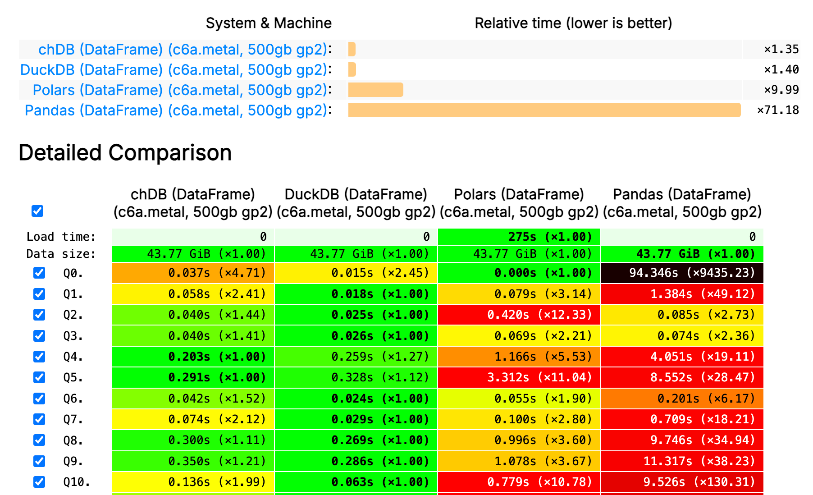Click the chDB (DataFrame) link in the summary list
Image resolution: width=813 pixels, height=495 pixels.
click(183, 50)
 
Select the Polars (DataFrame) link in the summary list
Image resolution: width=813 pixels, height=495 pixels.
click(180, 90)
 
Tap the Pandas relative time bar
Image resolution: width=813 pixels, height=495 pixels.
click(544, 110)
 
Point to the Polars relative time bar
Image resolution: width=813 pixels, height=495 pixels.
click(375, 90)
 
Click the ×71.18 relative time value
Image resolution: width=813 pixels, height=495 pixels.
click(778, 110)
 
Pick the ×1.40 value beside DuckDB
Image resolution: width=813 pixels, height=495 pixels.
click(781, 69)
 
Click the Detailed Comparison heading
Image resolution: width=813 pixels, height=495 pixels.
click(125, 153)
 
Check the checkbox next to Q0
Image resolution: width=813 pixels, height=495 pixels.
click(39, 273)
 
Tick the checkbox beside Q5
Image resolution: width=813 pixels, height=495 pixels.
click(39, 377)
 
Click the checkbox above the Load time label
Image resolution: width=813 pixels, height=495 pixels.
click(37, 211)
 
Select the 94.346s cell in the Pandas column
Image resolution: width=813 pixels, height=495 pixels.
click(682, 273)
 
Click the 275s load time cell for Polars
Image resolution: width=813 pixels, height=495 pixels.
click(519, 237)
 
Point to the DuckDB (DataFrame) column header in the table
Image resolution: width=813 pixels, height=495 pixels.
click(356, 203)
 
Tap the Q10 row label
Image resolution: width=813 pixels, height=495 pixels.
click(76, 482)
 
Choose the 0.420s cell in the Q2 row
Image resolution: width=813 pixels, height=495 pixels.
click(519, 315)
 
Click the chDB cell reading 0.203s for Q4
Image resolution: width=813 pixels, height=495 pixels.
click(193, 357)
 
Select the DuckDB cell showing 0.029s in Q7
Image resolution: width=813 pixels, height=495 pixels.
click(356, 419)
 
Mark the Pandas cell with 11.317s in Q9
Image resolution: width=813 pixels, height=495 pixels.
click(682, 461)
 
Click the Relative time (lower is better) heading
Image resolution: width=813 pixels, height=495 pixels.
click(573, 23)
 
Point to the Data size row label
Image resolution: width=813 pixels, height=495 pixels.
click(61, 254)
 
